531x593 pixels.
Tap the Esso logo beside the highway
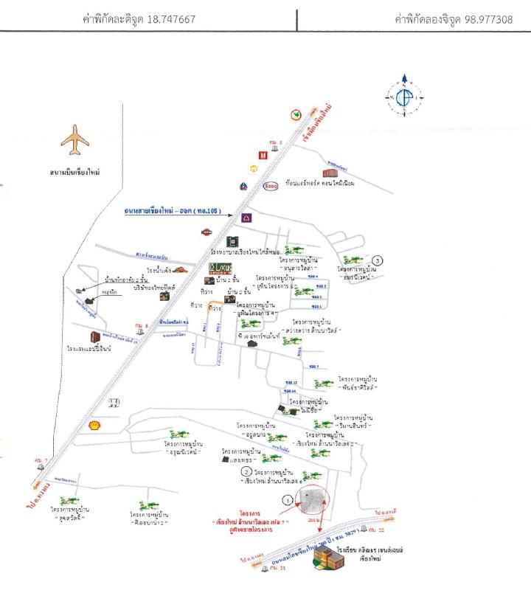(271, 184)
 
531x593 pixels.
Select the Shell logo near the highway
(94, 425)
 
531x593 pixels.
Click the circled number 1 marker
(288, 499)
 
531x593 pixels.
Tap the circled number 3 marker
(378, 260)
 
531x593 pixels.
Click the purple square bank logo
(246, 218)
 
